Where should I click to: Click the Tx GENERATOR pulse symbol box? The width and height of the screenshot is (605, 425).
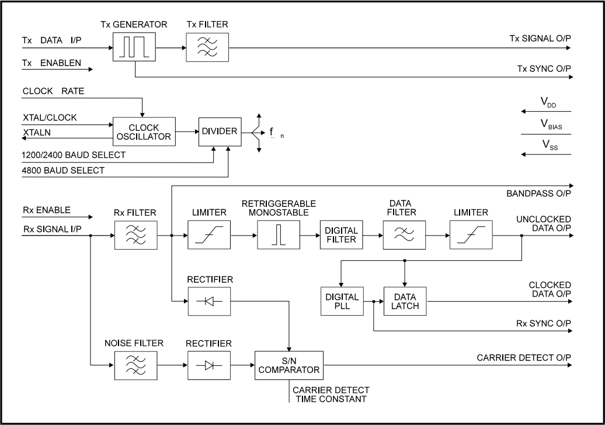click(x=135, y=45)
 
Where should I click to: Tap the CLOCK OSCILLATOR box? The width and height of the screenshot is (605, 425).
click(x=144, y=132)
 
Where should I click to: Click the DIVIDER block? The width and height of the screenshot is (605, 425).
click(x=219, y=132)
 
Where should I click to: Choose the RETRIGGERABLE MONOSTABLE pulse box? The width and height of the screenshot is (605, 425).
click(x=278, y=235)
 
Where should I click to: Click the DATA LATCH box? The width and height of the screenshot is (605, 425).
click(x=405, y=300)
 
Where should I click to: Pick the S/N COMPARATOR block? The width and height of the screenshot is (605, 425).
click(x=288, y=365)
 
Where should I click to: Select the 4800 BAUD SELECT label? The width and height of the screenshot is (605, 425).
click(x=64, y=171)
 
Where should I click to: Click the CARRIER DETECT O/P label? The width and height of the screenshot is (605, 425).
click(x=524, y=357)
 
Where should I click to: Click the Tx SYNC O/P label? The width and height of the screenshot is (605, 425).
click(x=544, y=69)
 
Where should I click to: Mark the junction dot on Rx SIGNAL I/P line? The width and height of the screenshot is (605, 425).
click(x=91, y=236)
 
